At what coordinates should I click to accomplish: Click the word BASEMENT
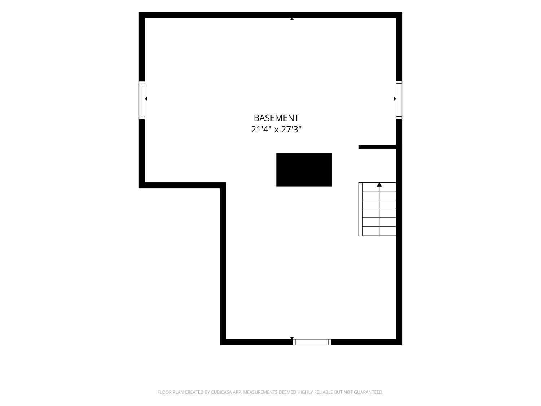click(x=276, y=118)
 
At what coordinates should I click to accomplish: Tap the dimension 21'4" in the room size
click(x=261, y=130)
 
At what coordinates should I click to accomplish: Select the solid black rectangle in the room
click(x=304, y=170)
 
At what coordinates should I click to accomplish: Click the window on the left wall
click(x=142, y=100)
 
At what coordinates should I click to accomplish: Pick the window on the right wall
click(x=399, y=100)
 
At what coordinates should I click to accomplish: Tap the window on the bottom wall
click(x=312, y=342)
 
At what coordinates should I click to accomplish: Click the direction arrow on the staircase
click(x=379, y=184)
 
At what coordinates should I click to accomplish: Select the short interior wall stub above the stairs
click(x=377, y=147)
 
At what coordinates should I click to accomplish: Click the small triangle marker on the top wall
click(x=292, y=19)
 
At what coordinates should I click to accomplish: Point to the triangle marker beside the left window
click(x=146, y=99)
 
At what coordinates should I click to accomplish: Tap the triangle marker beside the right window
click(x=395, y=99)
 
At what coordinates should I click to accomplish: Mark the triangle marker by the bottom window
click(x=292, y=338)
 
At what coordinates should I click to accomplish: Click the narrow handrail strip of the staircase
click(x=360, y=209)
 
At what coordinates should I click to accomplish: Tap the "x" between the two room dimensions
click(x=276, y=130)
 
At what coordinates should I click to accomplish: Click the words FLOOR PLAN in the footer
click(x=171, y=392)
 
